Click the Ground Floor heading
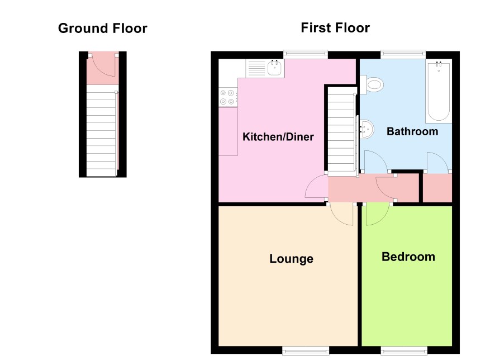103,29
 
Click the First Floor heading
335,28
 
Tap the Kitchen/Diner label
278,137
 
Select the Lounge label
292,259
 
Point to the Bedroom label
408,257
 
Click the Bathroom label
412,131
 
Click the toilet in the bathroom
372,84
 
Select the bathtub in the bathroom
439,91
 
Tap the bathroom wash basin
367,129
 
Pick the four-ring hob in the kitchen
227,97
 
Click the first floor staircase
342,131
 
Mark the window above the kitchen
305,54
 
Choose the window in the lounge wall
306,350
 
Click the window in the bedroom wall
404,350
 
